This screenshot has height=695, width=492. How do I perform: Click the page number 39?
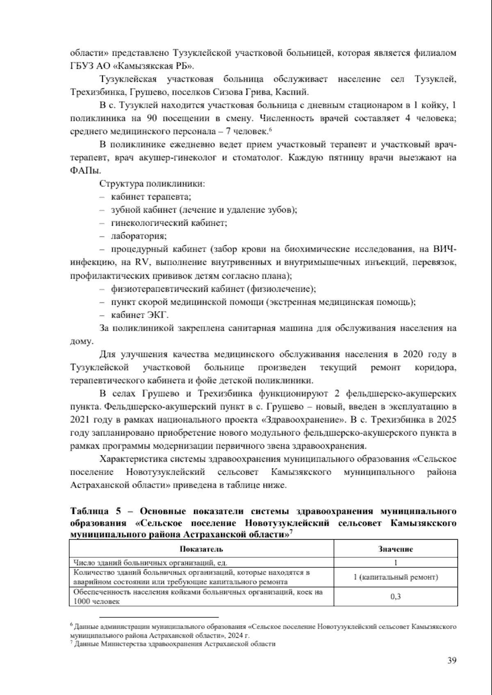[451, 660]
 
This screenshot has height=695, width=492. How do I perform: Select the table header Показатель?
[201, 549]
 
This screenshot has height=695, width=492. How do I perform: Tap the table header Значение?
[395, 549]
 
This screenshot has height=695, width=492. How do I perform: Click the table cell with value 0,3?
[395, 596]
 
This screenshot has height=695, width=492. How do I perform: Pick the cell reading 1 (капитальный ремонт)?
[395, 577]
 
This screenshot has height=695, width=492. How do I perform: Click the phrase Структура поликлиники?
[152, 184]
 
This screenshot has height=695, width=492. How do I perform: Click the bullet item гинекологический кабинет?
[169, 223]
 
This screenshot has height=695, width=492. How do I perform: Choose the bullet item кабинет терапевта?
[151, 197]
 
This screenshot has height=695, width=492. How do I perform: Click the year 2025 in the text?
[446, 420]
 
